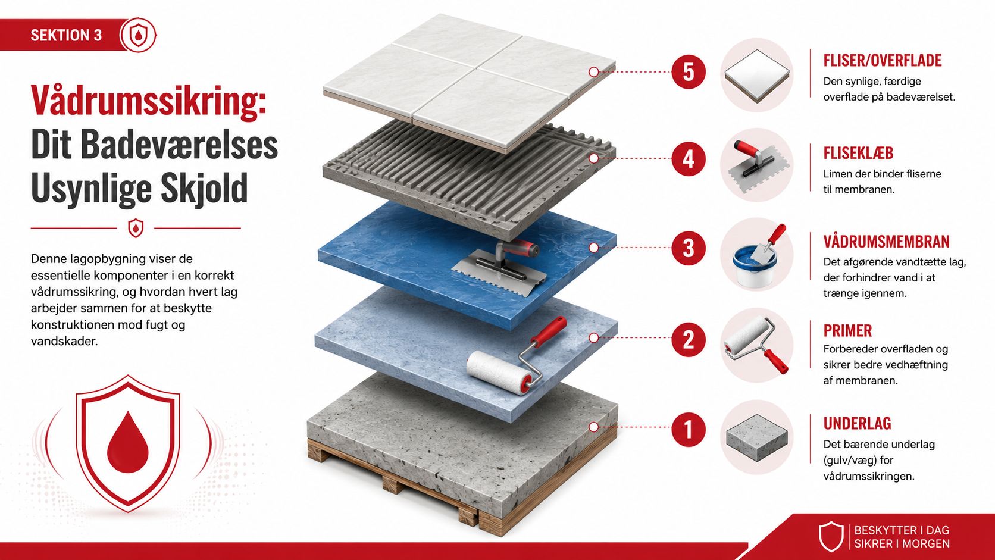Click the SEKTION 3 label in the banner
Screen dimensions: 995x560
point(66,35)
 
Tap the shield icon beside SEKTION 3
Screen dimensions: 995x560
point(138,35)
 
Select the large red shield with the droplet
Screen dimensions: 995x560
point(128,443)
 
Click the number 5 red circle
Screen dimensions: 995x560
point(689,72)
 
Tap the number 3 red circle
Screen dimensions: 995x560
point(689,248)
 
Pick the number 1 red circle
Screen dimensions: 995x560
point(689,429)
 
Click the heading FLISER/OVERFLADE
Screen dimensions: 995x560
point(882,60)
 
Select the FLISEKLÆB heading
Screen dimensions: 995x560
point(858,153)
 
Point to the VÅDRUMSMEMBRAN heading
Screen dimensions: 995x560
point(886,242)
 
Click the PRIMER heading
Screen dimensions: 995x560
point(847,331)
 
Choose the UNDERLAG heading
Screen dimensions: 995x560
point(858,424)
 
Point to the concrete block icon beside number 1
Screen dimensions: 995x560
point(756,437)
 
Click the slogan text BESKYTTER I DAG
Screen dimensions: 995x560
point(902,530)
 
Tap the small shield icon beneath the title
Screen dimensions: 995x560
point(136,229)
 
